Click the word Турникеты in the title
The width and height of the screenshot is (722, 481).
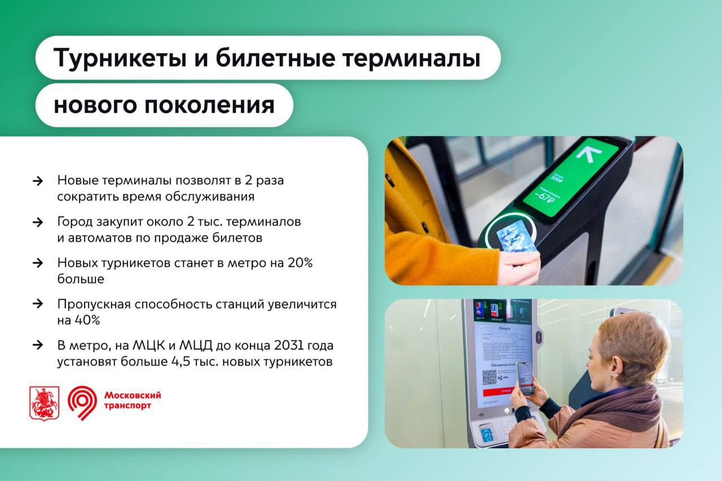(x=111, y=58)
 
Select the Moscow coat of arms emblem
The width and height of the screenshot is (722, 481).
(x=44, y=403)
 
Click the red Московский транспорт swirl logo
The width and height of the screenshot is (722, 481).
(x=82, y=403)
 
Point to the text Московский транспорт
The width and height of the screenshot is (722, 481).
(x=132, y=400)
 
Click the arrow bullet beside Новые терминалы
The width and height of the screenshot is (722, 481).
(x=38, y=181)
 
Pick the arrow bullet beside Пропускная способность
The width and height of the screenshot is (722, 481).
(x=38, y=304)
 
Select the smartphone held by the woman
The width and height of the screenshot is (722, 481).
(x=525, y=378)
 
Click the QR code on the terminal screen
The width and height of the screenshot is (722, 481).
(x=489, y=377)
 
